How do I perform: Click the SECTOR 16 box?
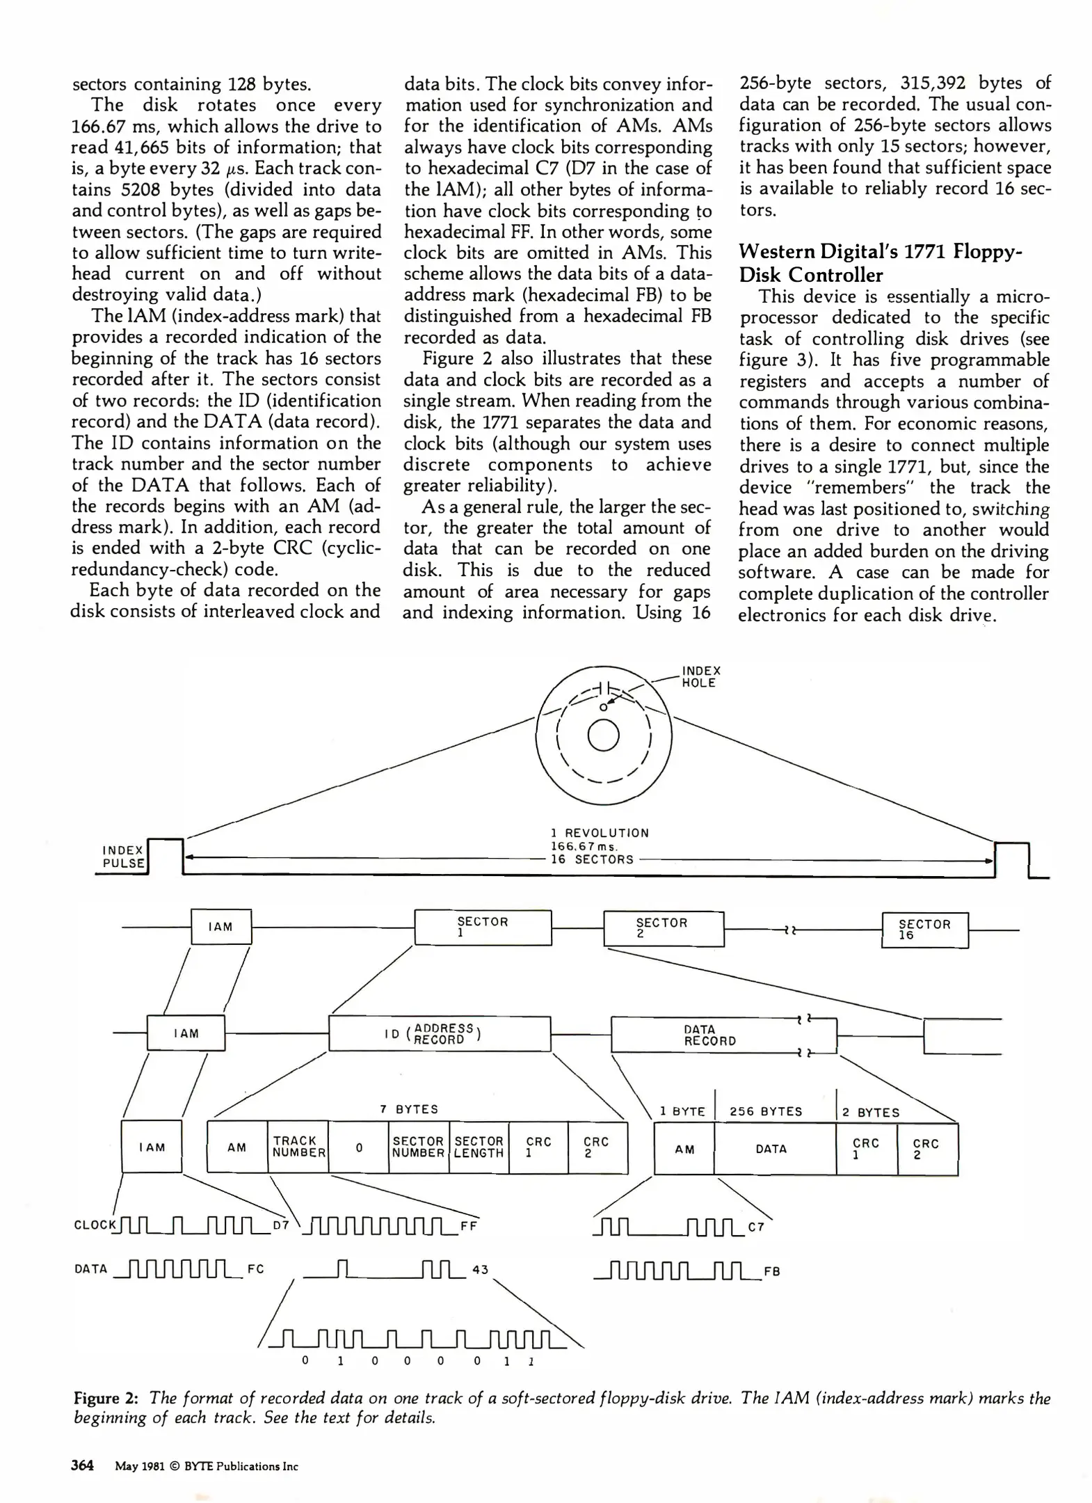click(x=924, y=930)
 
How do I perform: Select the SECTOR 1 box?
click(x=483, y=927)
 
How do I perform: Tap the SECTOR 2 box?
click(x=663, y=928)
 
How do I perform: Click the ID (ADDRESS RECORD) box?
click(x=439, y=1034)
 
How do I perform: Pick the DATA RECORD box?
click(x=709, y=1035)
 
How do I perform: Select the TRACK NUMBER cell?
click(x=298, y=1147)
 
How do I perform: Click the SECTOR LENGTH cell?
click(x=479, y=1147)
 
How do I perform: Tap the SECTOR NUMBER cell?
click(x=418, y=1147)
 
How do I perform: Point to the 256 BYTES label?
click(x=766, y=1112)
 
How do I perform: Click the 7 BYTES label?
click(x=409, y=1109)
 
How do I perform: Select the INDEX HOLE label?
click(x=700, y=676)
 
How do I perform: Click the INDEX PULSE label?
click(x=123, y=857)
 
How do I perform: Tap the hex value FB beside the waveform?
click(x=771, y=1271)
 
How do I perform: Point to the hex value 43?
click(x=480, y=1269)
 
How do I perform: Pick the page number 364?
click(x=82, y=1465)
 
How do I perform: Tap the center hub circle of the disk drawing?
click(x=603, y=735)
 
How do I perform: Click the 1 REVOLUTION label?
click(x=599, y=833)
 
